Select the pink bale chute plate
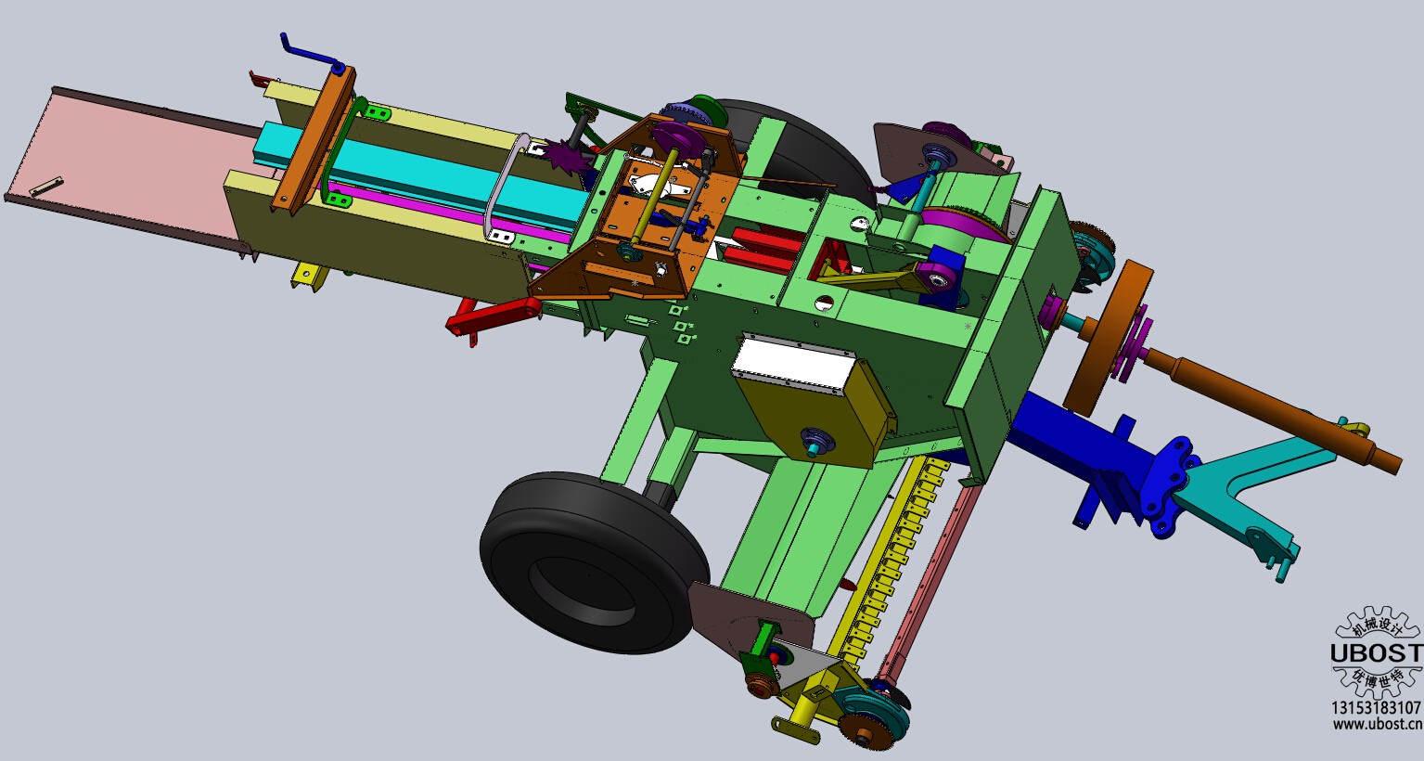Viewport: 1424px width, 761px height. pyautogui.click(x=127, y=162)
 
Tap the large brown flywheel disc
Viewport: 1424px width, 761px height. pyautogui.click(x=1110, y=337)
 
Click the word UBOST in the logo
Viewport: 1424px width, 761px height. pyautogui.click(x=1377, y=653)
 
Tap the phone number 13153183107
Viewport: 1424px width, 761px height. pyautogui.click(x=1377, y=707)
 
